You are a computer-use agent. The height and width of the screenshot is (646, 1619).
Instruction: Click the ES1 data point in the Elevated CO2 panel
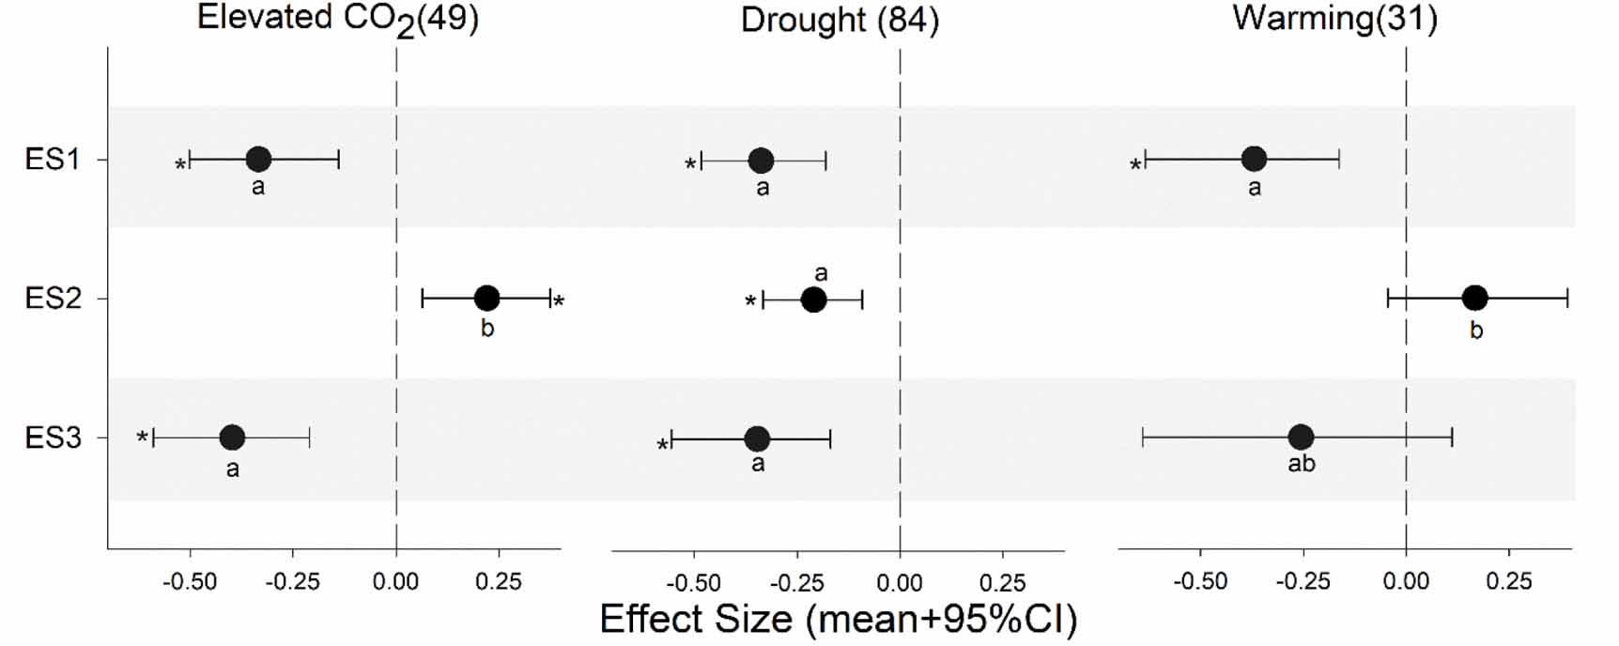click(x=258, y=160)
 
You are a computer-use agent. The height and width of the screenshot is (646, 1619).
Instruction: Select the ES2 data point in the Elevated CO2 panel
click(x=486, y=299)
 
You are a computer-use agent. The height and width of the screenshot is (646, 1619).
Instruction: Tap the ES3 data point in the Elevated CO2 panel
click(x=232, y=437)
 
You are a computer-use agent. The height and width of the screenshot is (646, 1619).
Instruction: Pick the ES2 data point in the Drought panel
click(x=813, y=300)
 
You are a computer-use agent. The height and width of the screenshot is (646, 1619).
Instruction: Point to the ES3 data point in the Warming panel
click(x=1301, y=437)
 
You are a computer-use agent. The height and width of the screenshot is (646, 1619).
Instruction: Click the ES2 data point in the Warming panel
click(x=1475, y=299)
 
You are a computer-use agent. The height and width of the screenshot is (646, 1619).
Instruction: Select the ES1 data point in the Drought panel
click(x=762, y=161)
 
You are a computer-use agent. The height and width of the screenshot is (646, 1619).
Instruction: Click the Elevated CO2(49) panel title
click(x=338, y=19)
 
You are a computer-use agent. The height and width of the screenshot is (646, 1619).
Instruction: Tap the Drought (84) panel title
click(x=840, y=20)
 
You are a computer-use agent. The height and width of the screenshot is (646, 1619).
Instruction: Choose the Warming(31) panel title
click(x=1334, y=18)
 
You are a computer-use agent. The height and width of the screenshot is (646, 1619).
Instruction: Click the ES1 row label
click(x=53, y=160)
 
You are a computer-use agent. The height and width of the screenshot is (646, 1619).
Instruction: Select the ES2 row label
click(x=53, y=299)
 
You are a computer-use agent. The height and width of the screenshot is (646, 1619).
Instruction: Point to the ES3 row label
click(x=53, y=438)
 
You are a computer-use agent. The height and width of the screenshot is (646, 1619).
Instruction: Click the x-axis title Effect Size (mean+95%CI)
click(x=838, y=620)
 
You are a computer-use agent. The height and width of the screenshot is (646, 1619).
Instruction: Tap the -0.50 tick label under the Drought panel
click(x=694, y=582)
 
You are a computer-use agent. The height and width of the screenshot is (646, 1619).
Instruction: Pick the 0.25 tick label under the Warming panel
click(x=1509, y=582)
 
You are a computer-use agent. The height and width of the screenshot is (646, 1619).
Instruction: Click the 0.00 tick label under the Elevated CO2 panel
click(x=395, y=582)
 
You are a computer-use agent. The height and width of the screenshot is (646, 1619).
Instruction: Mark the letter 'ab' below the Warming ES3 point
click(x=1302, y=464)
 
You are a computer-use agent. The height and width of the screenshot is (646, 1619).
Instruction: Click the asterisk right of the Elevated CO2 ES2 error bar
click(x=559, y=302)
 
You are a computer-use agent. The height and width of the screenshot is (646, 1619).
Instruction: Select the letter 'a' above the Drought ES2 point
click(x=821, y=273)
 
